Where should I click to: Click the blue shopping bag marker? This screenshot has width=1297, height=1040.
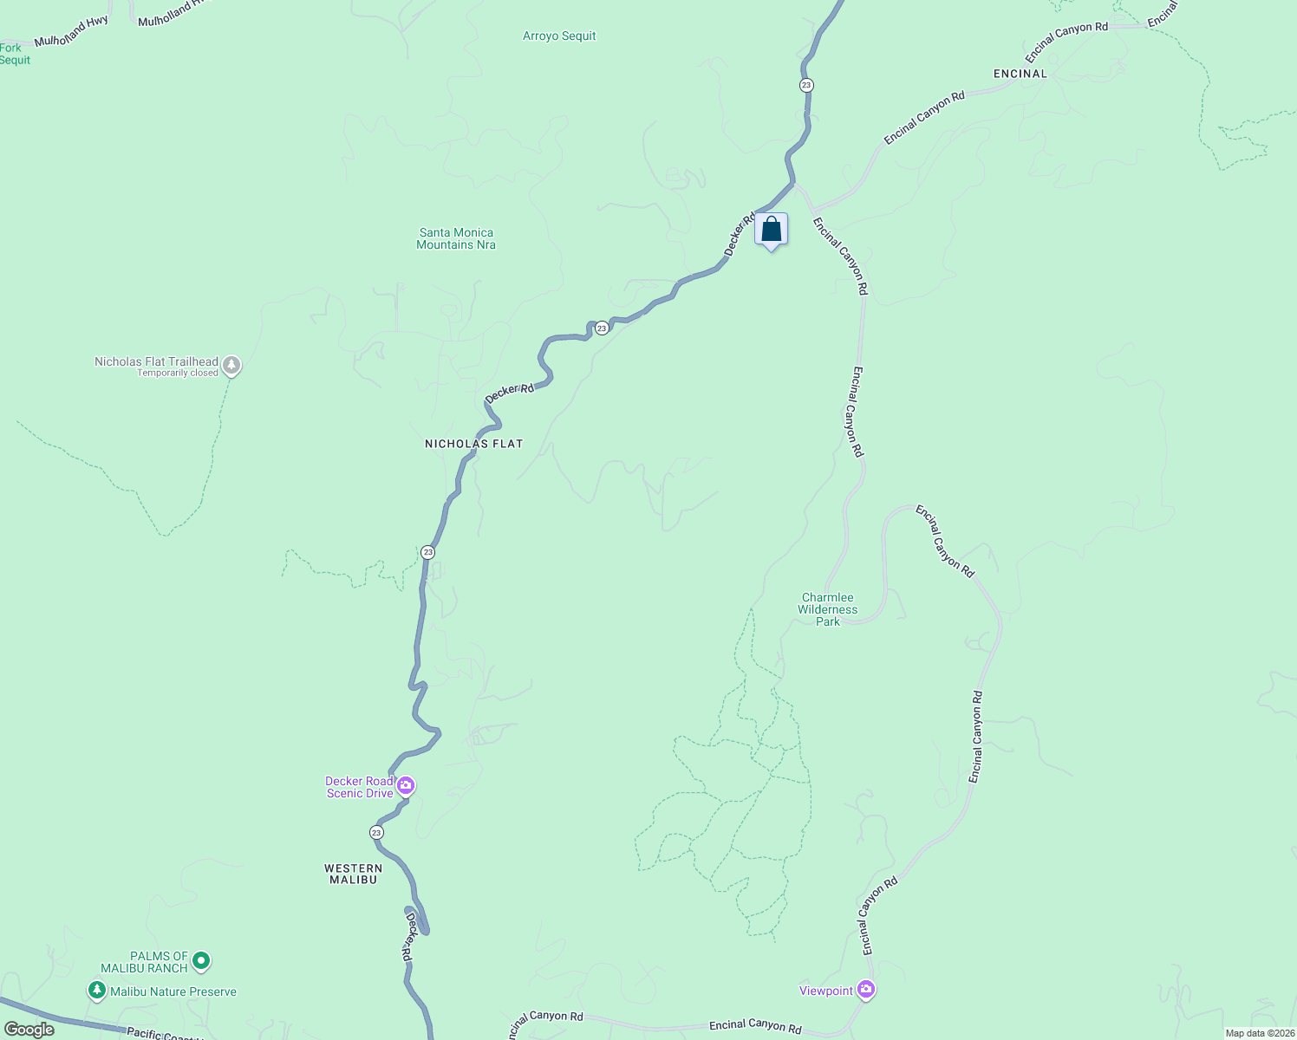[771, 231]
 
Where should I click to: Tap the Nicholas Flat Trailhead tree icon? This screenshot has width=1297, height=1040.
[231, 365]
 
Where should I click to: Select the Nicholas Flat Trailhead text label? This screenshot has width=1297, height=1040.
[156, 361]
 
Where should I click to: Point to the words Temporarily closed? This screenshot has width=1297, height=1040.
[178, 374]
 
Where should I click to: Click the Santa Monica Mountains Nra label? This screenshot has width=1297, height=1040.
[456, 238]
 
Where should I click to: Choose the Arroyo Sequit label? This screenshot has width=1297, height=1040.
[559, 36]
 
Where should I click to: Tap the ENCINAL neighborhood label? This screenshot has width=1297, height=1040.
[1020, 74]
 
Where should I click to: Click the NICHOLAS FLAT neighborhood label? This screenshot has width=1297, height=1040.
[473, 444]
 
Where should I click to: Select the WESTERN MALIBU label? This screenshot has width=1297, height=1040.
[353, 874]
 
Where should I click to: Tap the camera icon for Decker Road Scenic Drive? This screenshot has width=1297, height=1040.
[405, 786]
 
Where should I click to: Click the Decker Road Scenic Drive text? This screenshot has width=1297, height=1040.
[359, 787]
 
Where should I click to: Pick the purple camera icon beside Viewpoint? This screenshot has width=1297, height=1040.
[865, 990]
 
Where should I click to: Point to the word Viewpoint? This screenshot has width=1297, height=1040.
[826, 991]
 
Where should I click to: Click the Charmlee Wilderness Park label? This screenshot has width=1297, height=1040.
[828, 609]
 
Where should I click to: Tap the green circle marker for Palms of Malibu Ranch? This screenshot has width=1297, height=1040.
[201, 960]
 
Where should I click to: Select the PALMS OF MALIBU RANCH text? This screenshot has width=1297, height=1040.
[144, 962]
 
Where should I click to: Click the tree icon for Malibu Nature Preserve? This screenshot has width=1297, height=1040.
[97, 990]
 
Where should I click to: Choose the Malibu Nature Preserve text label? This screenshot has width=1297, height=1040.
[173, 991]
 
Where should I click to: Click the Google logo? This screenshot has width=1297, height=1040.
[29, 1030]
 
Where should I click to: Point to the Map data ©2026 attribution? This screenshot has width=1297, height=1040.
[1260, 1033]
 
